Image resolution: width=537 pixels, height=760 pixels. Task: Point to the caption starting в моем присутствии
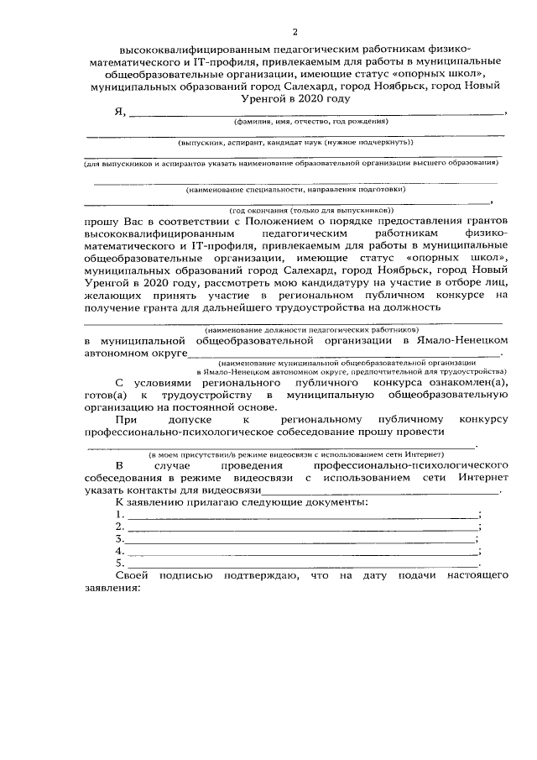click(293, 453)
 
